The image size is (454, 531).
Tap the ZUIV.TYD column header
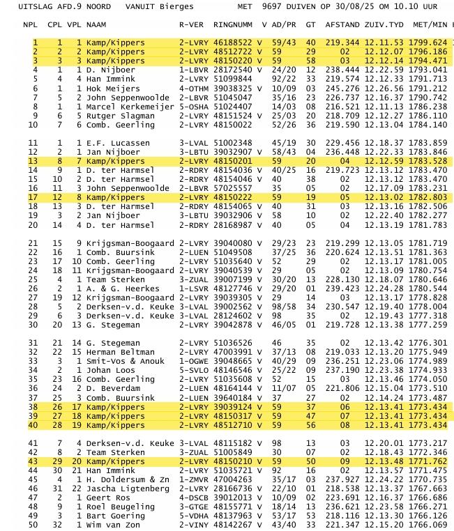coord(384,24)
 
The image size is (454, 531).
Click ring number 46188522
coord(233,43)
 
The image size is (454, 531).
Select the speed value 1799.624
coord(430,43)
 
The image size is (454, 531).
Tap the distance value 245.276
coord(342,88)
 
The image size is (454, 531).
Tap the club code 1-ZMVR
coord(193,479)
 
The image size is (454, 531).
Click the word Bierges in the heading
coord(167,6)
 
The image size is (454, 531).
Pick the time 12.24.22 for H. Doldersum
coord(384,479)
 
